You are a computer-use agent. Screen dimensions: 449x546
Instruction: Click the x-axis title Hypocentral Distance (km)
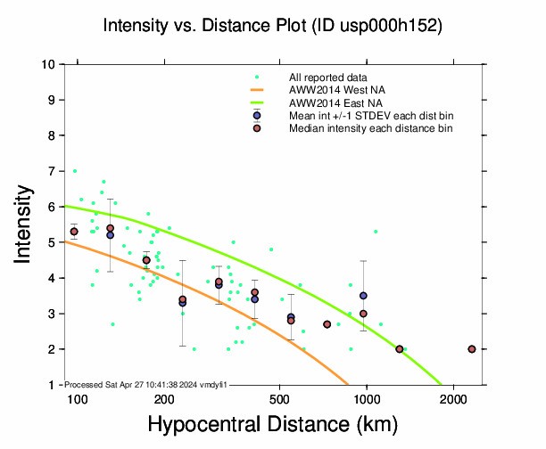273,426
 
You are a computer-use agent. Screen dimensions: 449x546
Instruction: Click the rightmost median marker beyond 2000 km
472,349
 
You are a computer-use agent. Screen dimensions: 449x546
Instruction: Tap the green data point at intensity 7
75,171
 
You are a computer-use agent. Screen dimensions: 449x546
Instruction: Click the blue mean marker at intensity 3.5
363,296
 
